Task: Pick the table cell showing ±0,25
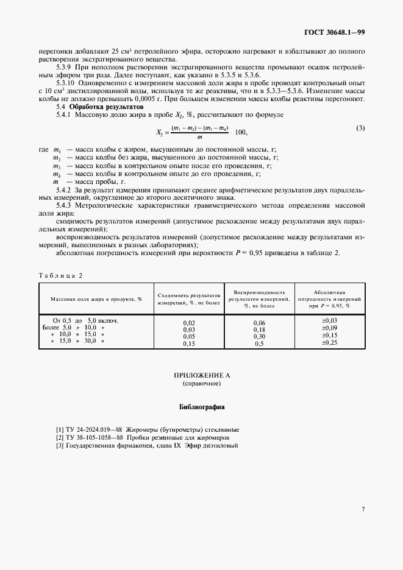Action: (x=329, y=343)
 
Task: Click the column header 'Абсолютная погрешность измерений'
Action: (x=330, y=299)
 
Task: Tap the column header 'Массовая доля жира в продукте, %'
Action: (x=96, y=299)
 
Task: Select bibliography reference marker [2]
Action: (x=59, y=437)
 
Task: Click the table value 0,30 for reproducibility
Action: (x=259, y=336)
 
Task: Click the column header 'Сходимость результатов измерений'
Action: (x=189, y=299)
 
